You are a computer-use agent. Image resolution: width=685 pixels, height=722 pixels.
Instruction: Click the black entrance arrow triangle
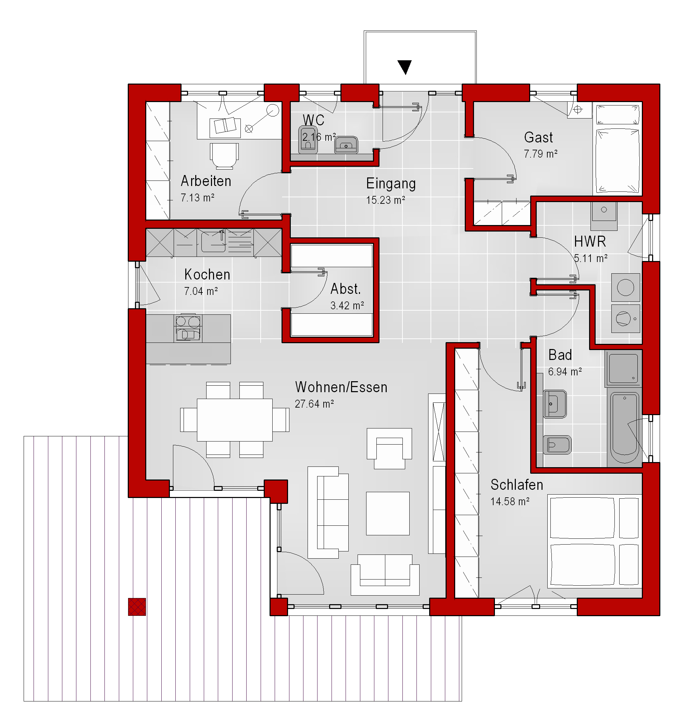point(404,67)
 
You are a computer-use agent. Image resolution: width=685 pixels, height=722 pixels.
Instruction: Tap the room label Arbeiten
point(206,181)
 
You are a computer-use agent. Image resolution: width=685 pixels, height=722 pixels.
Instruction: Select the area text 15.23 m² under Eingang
point(386,200)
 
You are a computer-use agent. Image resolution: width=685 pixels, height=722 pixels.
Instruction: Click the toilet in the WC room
point(308,139)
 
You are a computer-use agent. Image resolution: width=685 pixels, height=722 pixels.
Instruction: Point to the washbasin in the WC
point(346,145)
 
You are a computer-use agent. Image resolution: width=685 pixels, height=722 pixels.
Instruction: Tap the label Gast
point(538,137)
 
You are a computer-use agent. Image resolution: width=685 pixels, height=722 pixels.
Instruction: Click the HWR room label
point(590,241)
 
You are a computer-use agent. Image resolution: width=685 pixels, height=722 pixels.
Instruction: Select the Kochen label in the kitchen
point(207,275)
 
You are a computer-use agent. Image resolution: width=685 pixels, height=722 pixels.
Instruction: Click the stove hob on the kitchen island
point(188,327)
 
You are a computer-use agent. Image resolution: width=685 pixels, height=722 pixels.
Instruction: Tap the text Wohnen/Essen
point(341,387)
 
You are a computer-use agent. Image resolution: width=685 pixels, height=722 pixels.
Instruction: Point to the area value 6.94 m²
point(565,372)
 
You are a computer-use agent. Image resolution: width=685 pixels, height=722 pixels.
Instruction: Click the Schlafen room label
point(517,485)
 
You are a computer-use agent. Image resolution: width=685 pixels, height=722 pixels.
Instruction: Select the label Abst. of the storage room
point(346,289)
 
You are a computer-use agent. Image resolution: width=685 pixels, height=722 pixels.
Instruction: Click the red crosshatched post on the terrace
point(137,607)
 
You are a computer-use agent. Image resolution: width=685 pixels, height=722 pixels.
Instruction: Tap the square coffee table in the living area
point(388,513)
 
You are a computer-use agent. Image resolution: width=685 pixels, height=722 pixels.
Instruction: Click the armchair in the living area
point(389,448)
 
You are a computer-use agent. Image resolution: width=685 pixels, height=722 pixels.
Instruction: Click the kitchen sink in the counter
point(213,241)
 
